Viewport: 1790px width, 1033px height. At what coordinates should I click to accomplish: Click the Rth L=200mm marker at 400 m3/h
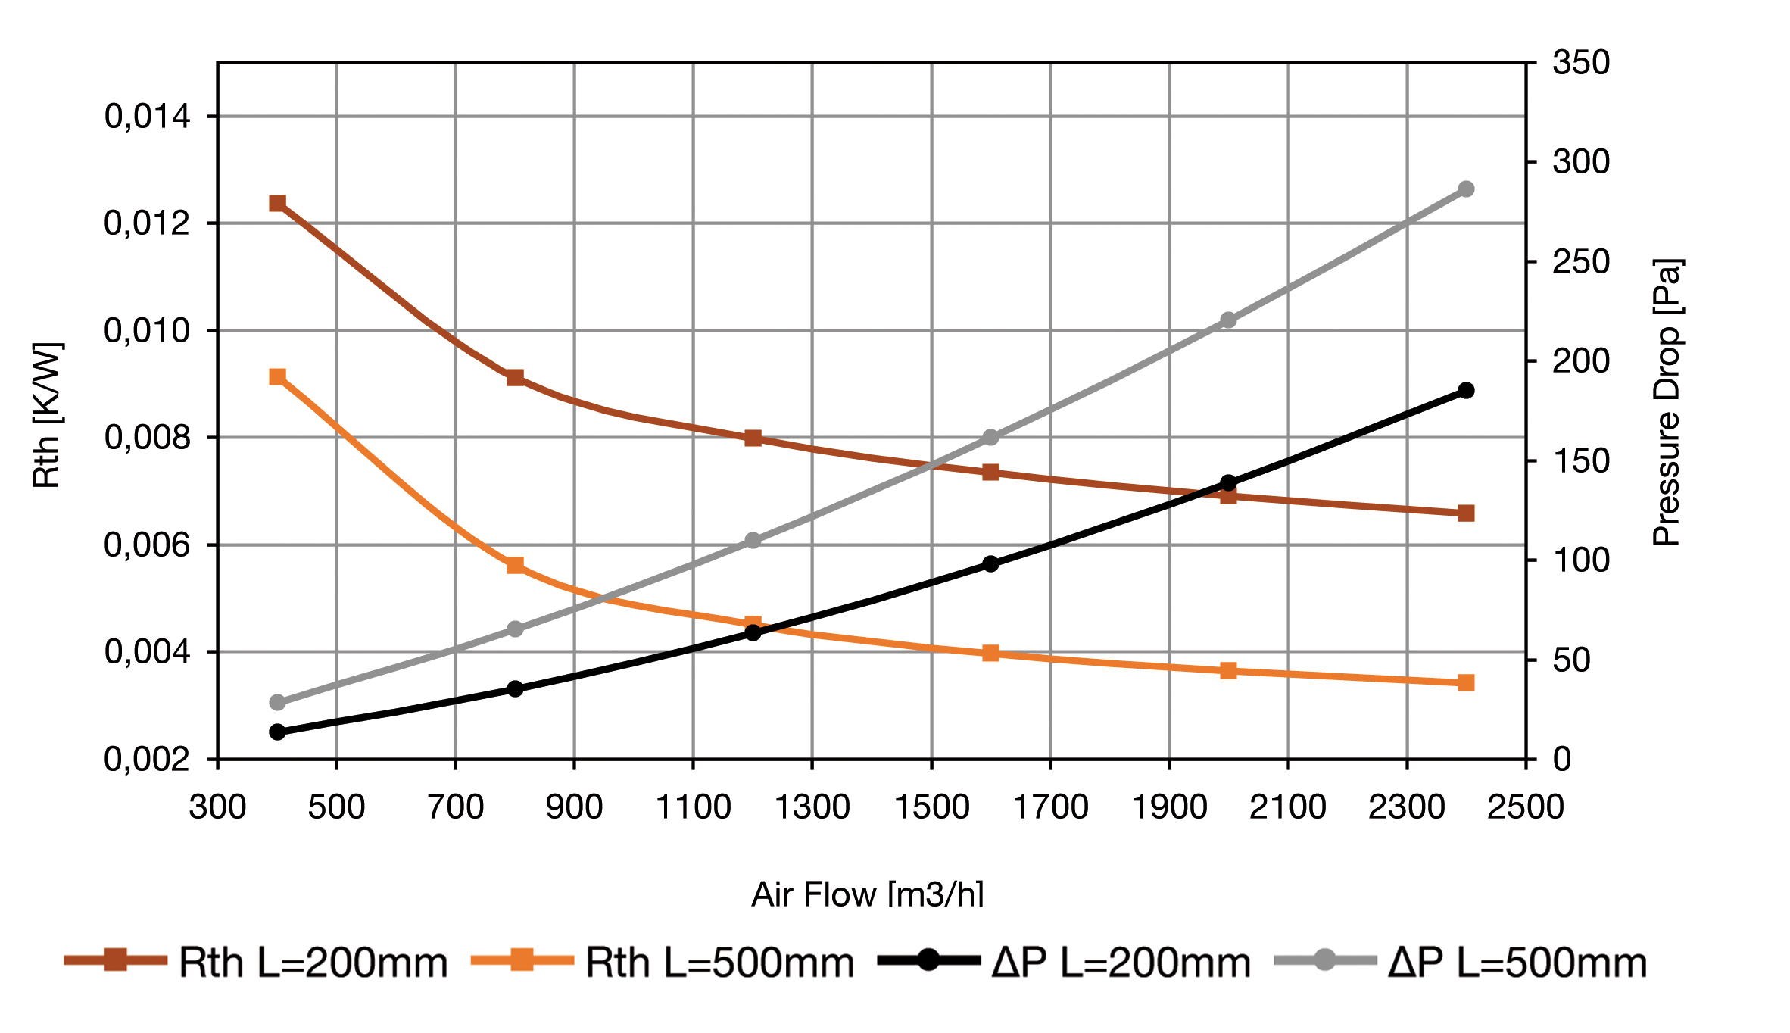click(278, 203)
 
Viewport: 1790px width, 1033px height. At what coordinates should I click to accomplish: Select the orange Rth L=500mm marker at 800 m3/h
click(516, 565)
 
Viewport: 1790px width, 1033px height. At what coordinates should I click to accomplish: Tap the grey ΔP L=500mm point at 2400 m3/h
click(1466, 189)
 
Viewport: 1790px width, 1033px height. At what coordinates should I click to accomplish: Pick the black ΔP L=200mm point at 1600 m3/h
click(990, 563)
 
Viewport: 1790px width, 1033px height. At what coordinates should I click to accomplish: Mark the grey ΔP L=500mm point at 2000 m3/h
click(1228, 320)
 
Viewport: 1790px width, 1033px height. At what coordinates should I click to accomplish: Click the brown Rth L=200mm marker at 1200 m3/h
click(753, 438)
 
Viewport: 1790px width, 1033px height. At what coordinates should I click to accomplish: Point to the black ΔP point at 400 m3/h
click(278, 732)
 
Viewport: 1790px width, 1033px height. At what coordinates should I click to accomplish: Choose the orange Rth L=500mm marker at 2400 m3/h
click(1466, 682)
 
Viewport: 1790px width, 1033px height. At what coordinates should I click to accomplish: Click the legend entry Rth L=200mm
click(257, 963)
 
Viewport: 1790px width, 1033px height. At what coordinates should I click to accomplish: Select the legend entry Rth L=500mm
click(663, 963)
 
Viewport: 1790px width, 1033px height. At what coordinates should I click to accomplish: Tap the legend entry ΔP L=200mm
click(1065, 963)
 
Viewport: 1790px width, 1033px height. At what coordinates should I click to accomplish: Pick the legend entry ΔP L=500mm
click(1461, 963)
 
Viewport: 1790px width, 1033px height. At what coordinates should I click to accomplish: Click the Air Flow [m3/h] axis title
click(868, 894)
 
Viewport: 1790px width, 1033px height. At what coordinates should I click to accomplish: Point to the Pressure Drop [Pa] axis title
click(1666, 403)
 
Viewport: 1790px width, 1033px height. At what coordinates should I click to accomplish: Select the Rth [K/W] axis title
click(47, 415)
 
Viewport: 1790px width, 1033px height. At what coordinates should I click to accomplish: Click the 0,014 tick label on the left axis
click(147, 117)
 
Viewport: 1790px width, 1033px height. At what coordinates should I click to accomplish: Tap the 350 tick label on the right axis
click(1581, 62)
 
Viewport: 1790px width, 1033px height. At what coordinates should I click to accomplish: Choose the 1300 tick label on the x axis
click(812, 807)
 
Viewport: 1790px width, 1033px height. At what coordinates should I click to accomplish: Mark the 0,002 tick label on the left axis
click(147, 759)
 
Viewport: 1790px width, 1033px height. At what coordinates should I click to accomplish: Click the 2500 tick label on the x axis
click(1525, 807)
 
